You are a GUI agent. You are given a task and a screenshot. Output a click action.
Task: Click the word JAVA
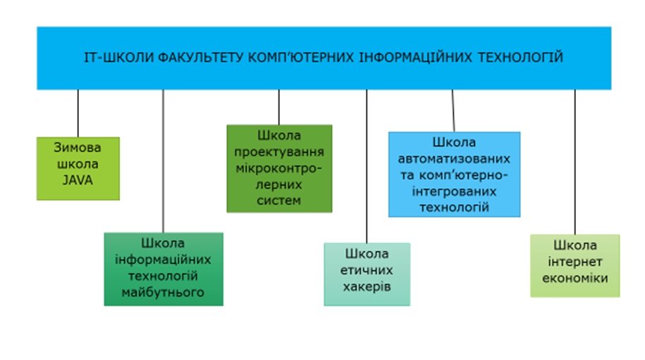[x=78, y=180]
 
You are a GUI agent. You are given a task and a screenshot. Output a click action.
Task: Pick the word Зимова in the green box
[x=78, y=147]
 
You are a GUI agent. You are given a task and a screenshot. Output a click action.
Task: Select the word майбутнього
[x=163, y=292]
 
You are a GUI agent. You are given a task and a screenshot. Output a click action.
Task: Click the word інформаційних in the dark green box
[x=163, y=259]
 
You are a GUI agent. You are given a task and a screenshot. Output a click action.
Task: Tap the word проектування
[x=279, y=151]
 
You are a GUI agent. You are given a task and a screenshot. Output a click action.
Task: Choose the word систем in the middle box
[x=279, y=201]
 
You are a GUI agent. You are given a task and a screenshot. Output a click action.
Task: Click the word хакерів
[x=367, y=287]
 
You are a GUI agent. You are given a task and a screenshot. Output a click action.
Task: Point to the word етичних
[x=367, y=270]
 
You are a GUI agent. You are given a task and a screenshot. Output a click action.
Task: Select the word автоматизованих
[x=454, y=159]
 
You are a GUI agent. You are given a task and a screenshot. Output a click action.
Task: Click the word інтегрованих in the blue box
[x=454, y=192]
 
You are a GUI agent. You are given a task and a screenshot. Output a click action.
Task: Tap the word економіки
[x=575, y=278]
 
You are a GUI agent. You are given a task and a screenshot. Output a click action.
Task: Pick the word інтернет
[x=575, y=262]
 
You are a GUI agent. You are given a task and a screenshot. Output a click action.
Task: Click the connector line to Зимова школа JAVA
[x=78, y=113]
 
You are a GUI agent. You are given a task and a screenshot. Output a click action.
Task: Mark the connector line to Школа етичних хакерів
[x=367, y=166]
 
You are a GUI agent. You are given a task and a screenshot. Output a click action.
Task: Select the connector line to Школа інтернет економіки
[x=575, y=162]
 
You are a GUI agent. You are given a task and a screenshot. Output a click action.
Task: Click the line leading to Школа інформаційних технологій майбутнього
[x=163, y=161]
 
